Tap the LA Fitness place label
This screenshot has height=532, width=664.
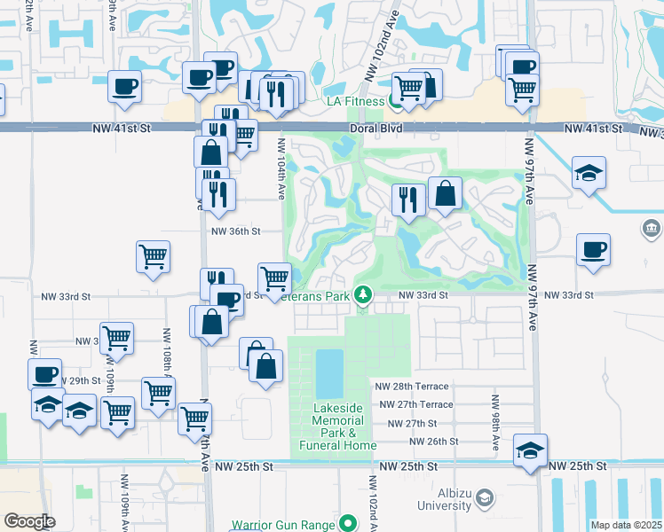355,102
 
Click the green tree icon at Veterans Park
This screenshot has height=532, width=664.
362,293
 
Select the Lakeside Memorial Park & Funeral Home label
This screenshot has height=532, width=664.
337,426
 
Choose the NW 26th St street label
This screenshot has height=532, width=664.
430,441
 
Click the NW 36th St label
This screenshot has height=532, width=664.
235,231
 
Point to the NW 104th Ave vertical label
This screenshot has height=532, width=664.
281,168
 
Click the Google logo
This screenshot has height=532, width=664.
29,521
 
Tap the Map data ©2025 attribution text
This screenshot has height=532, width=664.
626,525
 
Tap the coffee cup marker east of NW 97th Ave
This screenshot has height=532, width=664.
593,249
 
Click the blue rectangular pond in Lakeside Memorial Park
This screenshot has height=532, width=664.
328,373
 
